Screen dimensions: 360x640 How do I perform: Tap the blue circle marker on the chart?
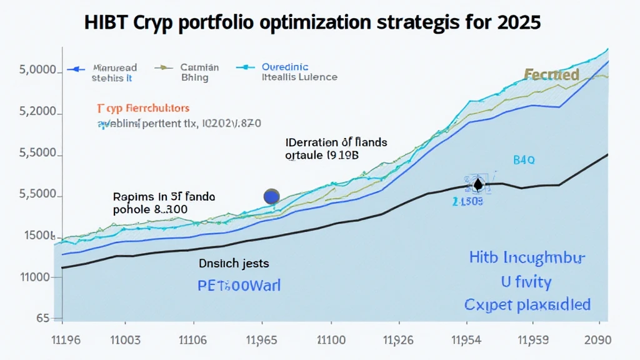[272, 196]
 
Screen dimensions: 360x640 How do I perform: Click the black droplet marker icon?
[478, 184]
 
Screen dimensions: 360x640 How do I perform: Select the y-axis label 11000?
[35, 277]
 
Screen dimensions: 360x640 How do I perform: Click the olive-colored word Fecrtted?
[551, 75]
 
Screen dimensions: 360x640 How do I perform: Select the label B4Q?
[524, 160]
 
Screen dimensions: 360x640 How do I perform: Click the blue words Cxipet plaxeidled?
[527, 305]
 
